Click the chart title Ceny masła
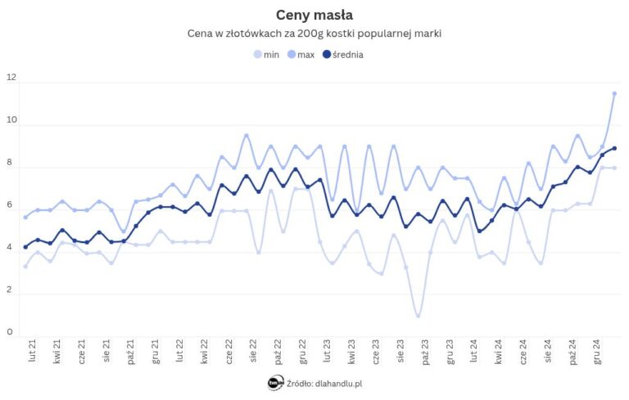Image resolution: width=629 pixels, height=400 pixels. click(314, 14)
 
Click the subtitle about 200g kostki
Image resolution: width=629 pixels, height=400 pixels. click(314, 34)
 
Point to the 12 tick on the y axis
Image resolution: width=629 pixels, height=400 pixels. click(11, 78)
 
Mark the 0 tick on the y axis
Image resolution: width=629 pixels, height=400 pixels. click(11, 332)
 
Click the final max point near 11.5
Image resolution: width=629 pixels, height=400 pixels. click(614, 93)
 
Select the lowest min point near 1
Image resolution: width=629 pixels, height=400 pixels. click(418, 316)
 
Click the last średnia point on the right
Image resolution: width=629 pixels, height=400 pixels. click(614, 148)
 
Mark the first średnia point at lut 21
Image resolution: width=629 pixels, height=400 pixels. click(25, 246)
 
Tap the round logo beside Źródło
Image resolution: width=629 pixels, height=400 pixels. click(275, 382)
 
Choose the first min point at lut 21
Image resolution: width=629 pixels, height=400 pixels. click(25, 266)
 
